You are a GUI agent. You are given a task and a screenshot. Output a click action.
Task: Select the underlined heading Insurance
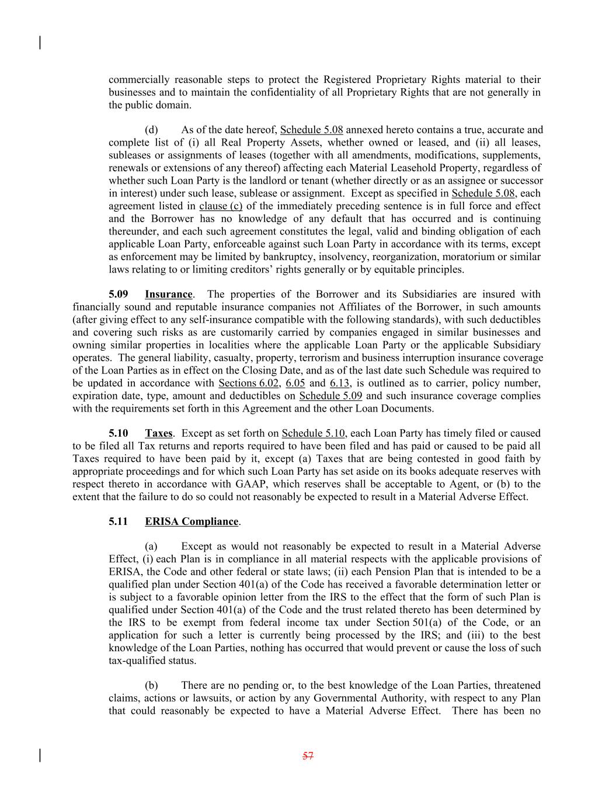click(168, 294)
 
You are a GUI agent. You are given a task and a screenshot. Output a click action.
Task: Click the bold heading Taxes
click(158, 433)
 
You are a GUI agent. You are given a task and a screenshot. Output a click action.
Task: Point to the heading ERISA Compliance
click(192, 521)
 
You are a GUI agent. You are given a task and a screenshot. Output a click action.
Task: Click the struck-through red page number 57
click(308, 756)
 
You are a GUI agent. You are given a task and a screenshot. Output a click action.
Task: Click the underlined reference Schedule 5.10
click(313, 433)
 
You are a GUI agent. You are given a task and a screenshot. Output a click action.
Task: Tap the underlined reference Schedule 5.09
click(330, 396)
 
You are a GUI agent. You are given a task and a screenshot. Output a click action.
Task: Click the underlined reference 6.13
click(340, 383)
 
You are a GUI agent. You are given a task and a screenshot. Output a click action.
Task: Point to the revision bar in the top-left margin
click(40, 43)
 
